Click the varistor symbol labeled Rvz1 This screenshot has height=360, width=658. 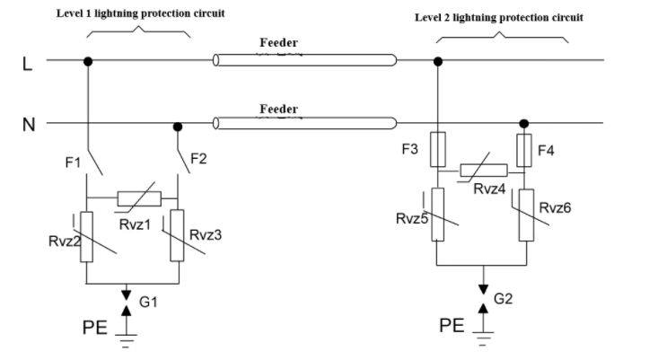point(139,199)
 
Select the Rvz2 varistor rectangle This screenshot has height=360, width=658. point(86,237)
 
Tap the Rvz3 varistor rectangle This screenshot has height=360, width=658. point(177,235)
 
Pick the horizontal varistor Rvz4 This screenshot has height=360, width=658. point(484,170)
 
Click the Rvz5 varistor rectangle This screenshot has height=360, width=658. point(438,215)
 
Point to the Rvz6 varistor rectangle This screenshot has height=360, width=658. point(526,215)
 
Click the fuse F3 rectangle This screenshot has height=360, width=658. point(438,149)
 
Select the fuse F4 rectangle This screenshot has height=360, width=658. point(524,150)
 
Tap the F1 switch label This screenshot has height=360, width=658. point(73,162)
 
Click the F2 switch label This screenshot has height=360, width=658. point(198,159)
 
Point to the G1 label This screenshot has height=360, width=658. point(148,302)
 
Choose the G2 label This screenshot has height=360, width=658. point(504,299)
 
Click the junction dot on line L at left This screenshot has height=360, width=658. point(88,62)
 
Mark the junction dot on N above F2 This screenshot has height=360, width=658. point(178,127)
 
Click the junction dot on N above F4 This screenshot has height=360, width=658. point(523,124)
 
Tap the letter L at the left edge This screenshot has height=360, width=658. point(27,65)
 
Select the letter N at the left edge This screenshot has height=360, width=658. point(29,125)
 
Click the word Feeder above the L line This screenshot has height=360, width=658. point(278,42)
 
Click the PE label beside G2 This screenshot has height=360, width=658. point(452,326)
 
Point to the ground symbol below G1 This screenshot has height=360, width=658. point(126,341)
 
